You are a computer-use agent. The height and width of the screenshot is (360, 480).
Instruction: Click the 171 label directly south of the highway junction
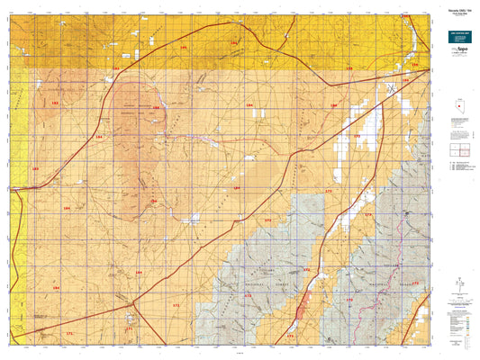(129, 329)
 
